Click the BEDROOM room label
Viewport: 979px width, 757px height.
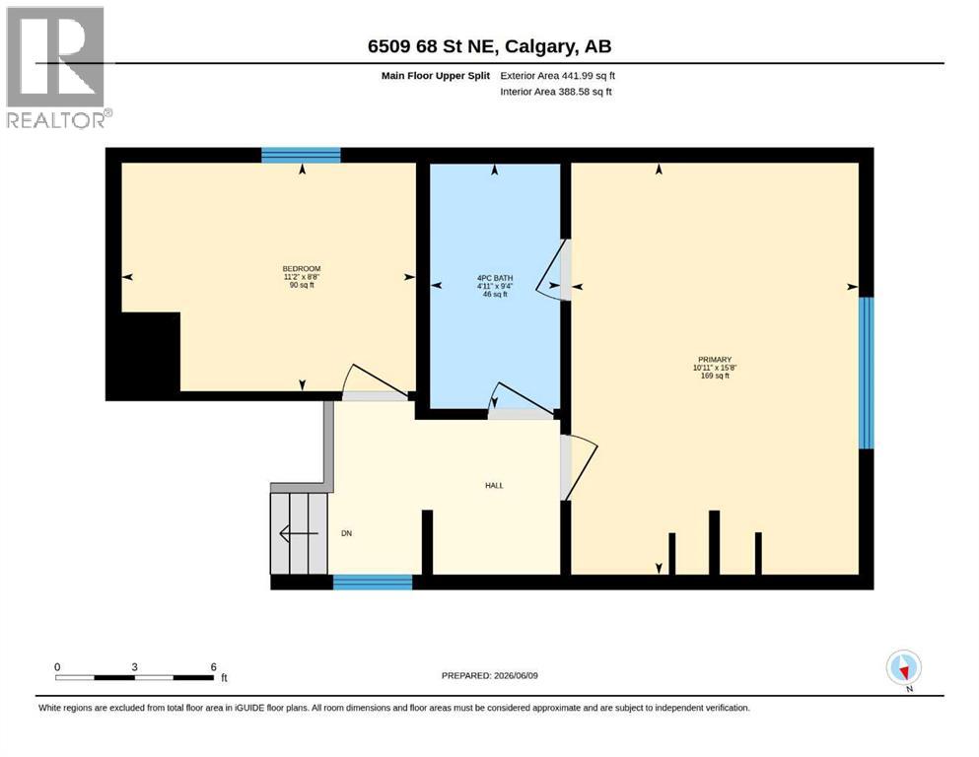click(302, 269)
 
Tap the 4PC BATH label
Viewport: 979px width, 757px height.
click(495, 278)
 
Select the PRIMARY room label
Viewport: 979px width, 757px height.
click(715, 360)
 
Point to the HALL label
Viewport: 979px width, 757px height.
click(494, 486)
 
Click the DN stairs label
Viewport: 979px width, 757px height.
click(346, 533)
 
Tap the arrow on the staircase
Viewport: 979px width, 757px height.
click(299, 533)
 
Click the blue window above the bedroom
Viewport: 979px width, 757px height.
click(301, 156)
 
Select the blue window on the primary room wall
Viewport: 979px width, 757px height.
click(866, 373)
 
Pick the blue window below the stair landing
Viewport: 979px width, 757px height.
click(373, 583)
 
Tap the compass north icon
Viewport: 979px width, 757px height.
click(903, 668)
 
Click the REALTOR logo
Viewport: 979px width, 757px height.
click(58, 68)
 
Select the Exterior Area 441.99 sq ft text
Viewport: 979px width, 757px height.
click(558, 76)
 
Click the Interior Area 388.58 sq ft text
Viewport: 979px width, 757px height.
click(556, 92)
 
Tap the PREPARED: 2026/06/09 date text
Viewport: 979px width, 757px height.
click(489, 675)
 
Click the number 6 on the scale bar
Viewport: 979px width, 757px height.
click(214, 666)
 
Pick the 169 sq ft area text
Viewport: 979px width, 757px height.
click(715, 376)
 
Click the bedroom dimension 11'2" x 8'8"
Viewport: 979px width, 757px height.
click(302, 277)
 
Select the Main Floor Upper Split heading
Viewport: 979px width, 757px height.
click(436, 76)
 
